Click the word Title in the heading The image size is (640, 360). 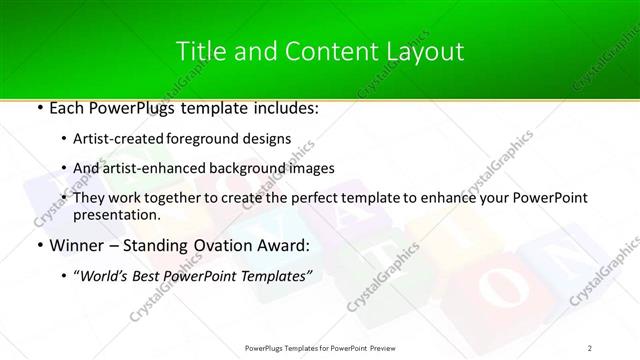198,52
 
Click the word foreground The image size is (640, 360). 216,140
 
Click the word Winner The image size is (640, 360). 61,245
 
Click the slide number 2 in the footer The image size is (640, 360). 590,347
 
